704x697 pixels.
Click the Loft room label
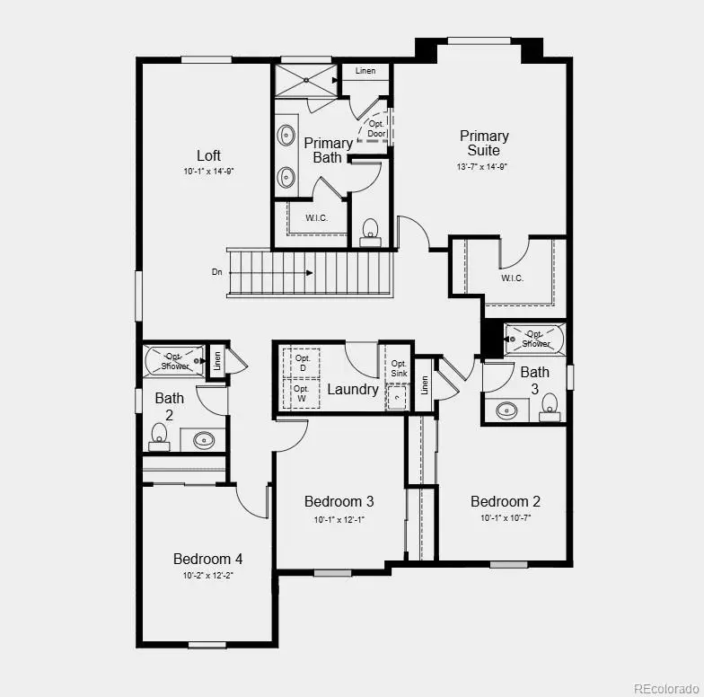click(208, 155)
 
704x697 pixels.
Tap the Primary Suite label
click(484, 143)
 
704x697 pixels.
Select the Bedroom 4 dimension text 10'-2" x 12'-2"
click(207, 576)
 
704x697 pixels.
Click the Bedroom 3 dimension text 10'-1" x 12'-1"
click(339, 519)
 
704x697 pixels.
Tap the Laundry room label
click(352, 389)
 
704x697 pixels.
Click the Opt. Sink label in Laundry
click(400, 367)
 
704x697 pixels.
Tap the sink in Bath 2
click(205, 440)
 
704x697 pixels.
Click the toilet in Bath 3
click(550, 407)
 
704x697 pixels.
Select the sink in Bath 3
click(506, 410)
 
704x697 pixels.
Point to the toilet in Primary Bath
click(369, 232)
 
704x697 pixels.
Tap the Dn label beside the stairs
click(217, 271)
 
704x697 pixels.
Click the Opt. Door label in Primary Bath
click(376, 128)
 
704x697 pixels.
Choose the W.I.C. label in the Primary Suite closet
click(512, 278)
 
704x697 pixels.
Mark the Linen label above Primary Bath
click(365, 71)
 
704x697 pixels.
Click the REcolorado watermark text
click(666, 688)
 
